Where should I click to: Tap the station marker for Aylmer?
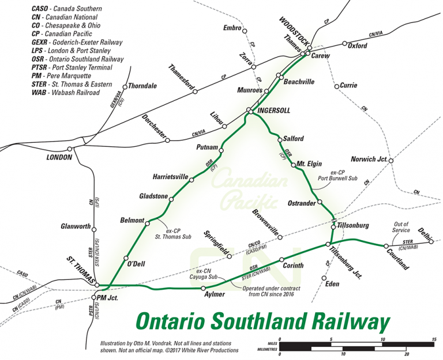pos(203,287)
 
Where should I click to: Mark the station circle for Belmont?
pos(148,223)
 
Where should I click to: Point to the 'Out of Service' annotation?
pos(401,228)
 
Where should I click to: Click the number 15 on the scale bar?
pos(433,340)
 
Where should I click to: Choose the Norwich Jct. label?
pos(368,159)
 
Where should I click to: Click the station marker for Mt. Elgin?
pos(292,165)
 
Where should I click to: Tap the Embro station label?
pos(232,28)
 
